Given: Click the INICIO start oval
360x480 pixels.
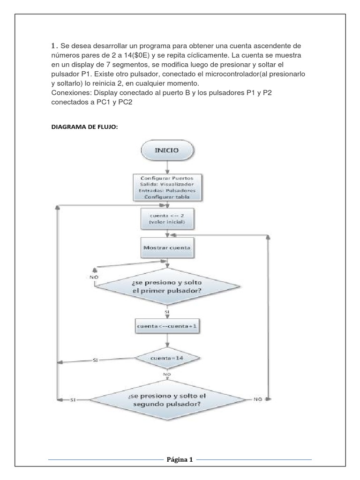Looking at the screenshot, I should click(167, 152).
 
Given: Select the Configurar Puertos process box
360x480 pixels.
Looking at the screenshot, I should click(168, 187).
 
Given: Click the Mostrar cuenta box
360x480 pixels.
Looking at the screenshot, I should click(168, 246).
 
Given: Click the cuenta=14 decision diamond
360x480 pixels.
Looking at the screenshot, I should click(168, 359).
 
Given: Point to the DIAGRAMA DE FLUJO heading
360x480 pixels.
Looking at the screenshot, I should click(84, 127).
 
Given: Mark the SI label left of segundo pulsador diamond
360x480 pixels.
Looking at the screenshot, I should click(73, 400).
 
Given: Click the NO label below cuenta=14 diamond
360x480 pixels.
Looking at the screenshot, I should click(167, 375).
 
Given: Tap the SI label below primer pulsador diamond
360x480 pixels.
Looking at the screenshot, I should click(167, 311).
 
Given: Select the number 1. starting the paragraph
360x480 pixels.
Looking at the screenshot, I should click(54, 46).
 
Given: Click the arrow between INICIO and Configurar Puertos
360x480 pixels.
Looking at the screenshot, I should click(167, 167).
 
